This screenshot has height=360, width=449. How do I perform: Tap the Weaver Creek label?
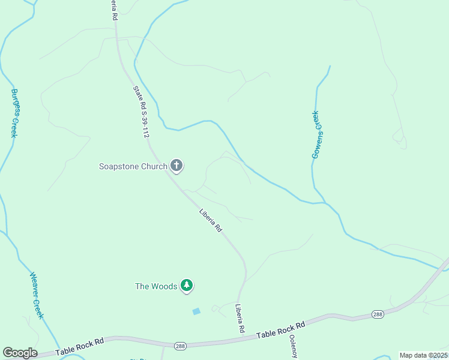tap(37, 296)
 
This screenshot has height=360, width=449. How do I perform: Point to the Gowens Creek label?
tap(317, 135)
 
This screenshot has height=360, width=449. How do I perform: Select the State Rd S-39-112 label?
tap(140, 112)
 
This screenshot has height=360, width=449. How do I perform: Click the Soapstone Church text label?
tap(133, 166)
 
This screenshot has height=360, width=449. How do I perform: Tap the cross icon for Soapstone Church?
tap(176, 166)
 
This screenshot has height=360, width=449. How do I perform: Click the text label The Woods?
tap(156, 286)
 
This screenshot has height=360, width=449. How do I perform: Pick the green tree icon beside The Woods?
tap(187, 286)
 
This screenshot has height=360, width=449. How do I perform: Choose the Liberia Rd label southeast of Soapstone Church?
tap(211, 220)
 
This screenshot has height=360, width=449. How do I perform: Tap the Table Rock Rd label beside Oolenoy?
tap(281, 330)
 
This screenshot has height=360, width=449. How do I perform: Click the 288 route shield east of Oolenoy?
tap(377, 314)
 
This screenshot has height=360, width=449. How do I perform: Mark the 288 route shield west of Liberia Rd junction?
tap(179, 346)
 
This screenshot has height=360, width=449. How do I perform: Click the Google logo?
tap(20, 353)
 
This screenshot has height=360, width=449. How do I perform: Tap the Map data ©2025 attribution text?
tap(424, 355)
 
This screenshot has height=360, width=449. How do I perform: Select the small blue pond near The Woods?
tap(196, 311)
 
